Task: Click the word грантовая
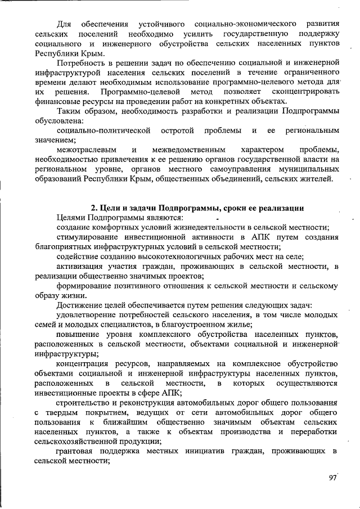tap(78, 451)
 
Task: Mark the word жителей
tap(317, 179)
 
